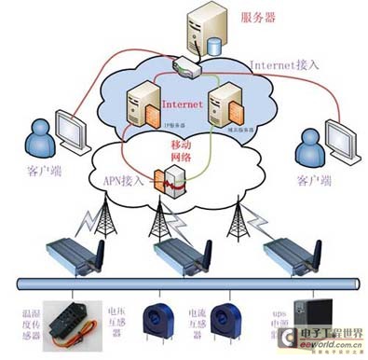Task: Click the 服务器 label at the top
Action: pyautogui.click(x=258, y=17)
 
